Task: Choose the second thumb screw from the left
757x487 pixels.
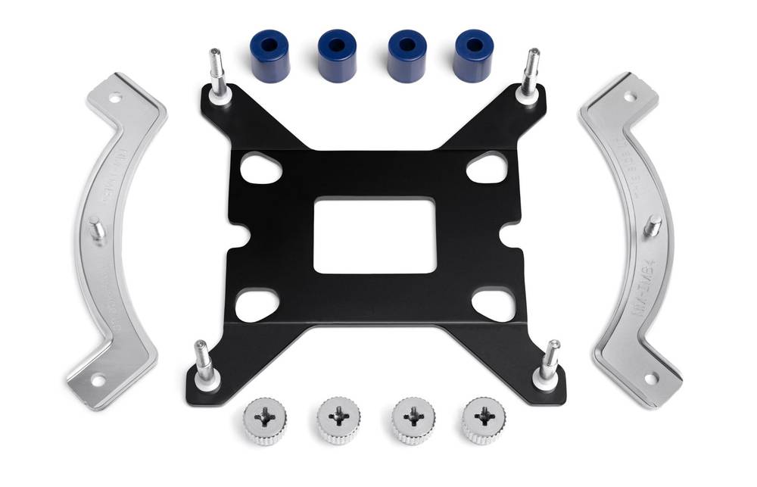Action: tap(338, 419)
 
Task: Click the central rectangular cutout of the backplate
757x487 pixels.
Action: tap(375, 235)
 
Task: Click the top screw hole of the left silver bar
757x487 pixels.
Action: tap(115, 98)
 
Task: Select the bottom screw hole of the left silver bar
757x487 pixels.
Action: tap(98, 381)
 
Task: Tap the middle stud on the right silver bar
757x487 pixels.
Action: tap(653, 225)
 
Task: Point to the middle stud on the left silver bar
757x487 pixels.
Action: tap(98, 229)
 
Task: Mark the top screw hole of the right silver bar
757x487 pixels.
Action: tap(629, 96)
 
